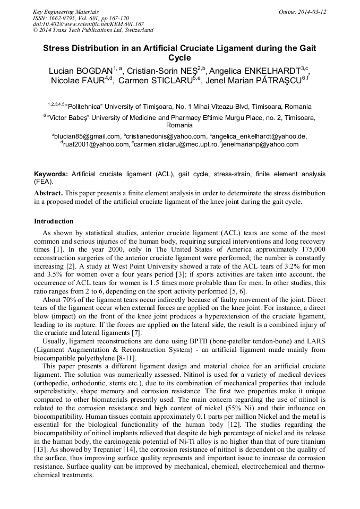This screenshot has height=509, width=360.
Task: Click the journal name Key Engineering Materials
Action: pyautogui.click(x=65, y=12)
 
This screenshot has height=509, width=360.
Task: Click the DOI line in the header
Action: pyautogui.click(x=88, y=24)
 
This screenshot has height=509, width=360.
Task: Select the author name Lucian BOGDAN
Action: pyautogui.click(x=80, y=71)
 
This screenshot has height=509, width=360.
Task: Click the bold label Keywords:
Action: pyautogui.click(x=51, y=174)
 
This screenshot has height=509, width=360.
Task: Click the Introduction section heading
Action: pyautogui.click(x=54, y=221)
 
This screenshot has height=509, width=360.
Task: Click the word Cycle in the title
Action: pyautogui.click(x=179, y=57)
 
